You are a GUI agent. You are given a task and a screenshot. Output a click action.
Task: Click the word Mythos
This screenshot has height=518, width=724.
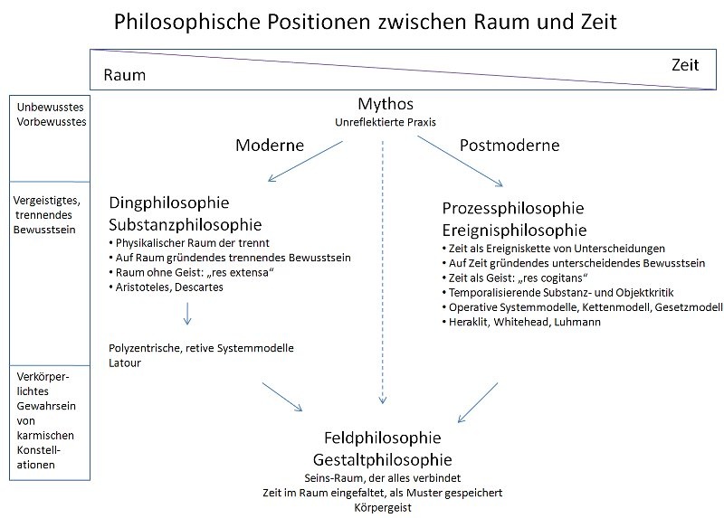pyautogui.click(x=386, y=105)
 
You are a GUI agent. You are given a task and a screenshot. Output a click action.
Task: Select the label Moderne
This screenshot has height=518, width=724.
pyautogui.click(x=270, y=146)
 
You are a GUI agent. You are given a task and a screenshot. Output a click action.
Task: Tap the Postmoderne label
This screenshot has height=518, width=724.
pyautogui.click(x=510, y=146)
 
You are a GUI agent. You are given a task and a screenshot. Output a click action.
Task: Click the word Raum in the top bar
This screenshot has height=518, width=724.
pyautogui.click(x=124, y=75)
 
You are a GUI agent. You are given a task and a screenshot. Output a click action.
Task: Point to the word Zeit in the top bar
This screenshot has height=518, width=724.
pyautogui.click(x=685, y=65)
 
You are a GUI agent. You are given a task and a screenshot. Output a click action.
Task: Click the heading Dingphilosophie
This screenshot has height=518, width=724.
pyautogui.click(x=169, y=203)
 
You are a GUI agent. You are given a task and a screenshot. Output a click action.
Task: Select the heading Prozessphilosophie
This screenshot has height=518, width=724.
pyautogui.click(x=513, y=209)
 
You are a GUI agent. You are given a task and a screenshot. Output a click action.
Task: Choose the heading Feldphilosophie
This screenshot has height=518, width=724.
pyautogui.click(x=382, y=438)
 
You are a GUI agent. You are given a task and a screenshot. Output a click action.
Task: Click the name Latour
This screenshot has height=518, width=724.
pyautogui.click(x=125, y=363)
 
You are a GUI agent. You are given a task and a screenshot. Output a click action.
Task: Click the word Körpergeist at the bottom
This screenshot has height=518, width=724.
pyautogui.click(x=383, y=508)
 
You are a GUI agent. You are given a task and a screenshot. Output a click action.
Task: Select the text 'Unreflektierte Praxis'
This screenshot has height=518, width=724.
pyautogui.click(x=386, y=122)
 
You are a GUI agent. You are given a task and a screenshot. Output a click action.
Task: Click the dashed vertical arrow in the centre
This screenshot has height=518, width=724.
pyautogui.click(x=382, y=272)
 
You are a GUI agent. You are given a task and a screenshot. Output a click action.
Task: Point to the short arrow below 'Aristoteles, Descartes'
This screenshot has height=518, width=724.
pyautogui.click(x=187, y=314)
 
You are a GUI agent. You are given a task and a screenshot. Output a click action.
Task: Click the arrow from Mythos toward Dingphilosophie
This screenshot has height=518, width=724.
pyautogui.click(x=305, y=161)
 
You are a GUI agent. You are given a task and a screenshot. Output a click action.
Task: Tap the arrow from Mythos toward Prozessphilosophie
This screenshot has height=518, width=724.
pyautogui.click(x=460, y=161)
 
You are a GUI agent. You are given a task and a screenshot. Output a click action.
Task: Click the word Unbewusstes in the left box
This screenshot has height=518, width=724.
pyautogui.click(x=51, y=107)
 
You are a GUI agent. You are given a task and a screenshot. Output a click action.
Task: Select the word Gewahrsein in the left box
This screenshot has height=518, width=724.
pyautogui.click(x=46, y=407)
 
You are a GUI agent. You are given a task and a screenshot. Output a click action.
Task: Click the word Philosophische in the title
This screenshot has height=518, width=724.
pyautogui.click(x=187, y=22)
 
